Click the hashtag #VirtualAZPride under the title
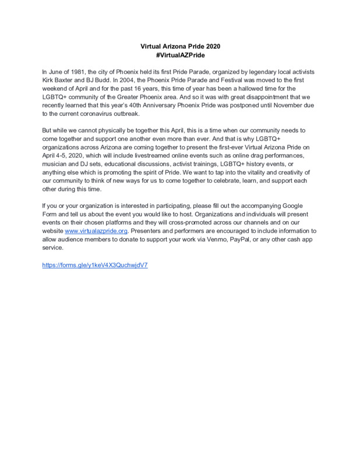click(x=180, y=54)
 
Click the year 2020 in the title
click(x=211, y=46)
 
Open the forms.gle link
click(x=95, y=265)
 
